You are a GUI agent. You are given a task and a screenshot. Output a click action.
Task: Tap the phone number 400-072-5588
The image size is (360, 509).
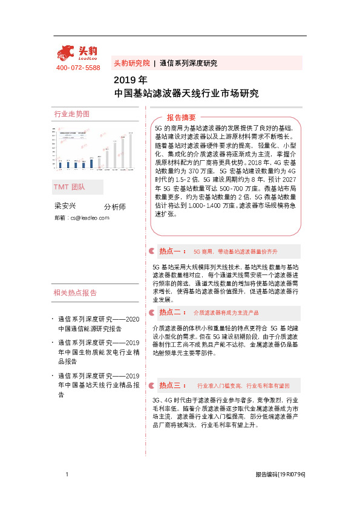(78, 68)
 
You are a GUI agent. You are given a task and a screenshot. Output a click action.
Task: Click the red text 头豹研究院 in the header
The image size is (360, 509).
(131, 63)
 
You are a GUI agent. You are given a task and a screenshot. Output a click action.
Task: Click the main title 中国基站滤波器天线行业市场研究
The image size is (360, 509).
(186, 94)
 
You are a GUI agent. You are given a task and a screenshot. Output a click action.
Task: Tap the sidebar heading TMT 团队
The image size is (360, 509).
(70, 187)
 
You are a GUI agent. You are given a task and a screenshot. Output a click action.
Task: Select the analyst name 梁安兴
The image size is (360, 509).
(65, 206)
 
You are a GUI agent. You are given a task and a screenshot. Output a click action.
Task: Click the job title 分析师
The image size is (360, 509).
(114, 206)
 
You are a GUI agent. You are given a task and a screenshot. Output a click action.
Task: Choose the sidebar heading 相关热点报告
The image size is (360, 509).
(75, 293)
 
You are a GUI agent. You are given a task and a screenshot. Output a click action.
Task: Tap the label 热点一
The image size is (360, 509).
(172, 250)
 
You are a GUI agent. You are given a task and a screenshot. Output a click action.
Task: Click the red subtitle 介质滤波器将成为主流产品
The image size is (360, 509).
(226, 313)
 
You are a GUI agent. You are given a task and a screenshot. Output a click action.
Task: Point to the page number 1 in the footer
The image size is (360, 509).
(67, 475)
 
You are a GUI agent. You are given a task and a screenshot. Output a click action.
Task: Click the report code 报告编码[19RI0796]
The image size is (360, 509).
(280, 475)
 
